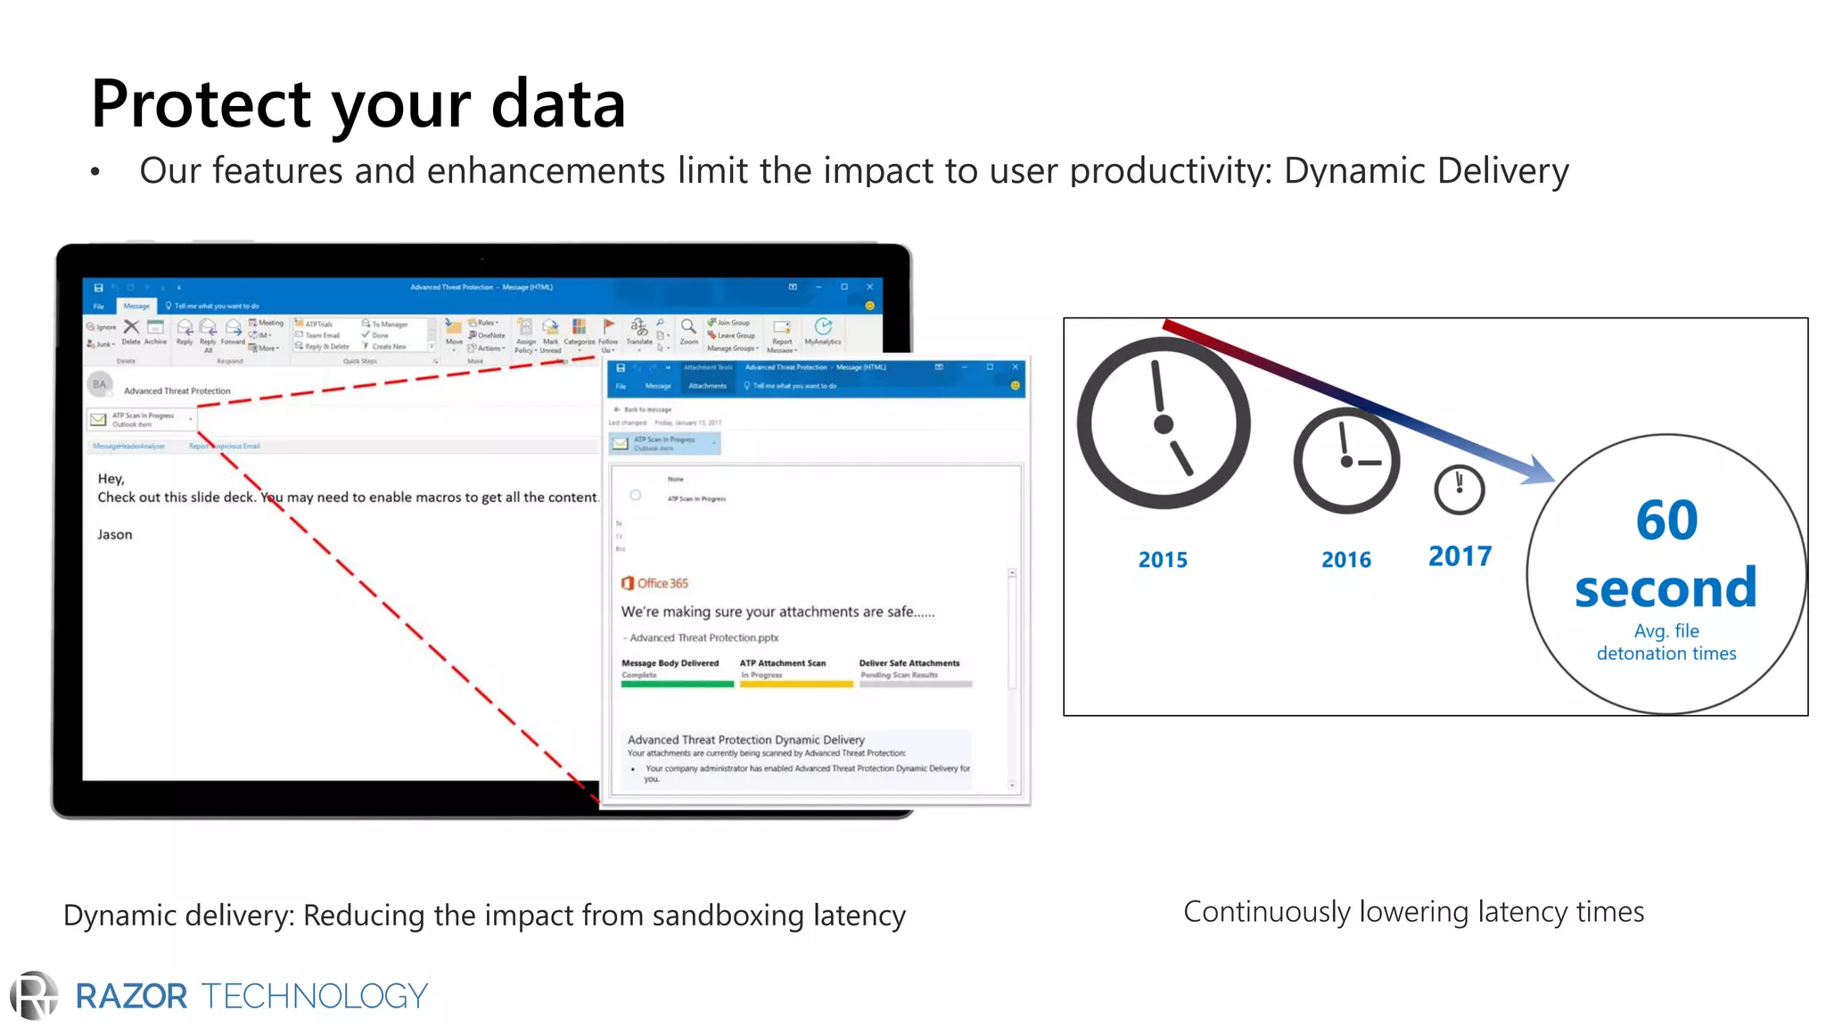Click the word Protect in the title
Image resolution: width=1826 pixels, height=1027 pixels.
(x=201, y=104)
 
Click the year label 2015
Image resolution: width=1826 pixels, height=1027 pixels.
(x=1163, y=560)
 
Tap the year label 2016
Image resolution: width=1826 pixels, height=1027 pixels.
(x=1345, y=560)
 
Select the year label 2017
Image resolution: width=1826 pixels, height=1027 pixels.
(x=1460, y=556)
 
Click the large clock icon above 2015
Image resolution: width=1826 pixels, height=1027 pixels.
(x=1163, y=423)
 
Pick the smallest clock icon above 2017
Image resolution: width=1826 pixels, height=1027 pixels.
(x=1459, y=489)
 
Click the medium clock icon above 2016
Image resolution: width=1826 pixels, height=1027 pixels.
(x=1346, y=461)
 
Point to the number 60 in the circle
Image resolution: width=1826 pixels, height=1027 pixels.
(x=1666, y=521)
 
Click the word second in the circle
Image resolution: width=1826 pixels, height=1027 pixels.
(x=1666, y=589)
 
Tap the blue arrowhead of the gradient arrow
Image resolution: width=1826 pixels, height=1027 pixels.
(x=1538, y=470)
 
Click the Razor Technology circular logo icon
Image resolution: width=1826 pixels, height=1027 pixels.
(x=34, y=996)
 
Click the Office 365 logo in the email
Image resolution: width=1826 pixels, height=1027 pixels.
(x=654, y=583)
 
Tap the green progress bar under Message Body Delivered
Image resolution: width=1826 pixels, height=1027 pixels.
(x=677, y=685)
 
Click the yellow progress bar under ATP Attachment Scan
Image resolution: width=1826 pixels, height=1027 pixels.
(x=795, y=685)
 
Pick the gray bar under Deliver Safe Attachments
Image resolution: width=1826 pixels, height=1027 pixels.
(x=915, y=685)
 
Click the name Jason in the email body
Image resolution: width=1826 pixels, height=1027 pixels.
(x=115, y=535)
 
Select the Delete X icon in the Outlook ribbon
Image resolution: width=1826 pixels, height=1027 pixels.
(x=131, y=327)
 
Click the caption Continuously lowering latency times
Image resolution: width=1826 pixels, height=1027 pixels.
(x=1413, y=912)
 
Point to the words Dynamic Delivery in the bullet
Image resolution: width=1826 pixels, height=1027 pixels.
(x=1426, y=171)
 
